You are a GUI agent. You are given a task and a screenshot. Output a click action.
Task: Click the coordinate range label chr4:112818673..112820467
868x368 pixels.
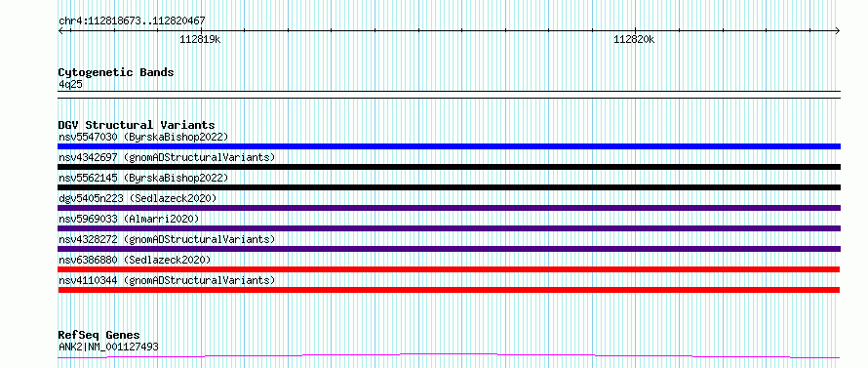pyautogui.click(x=132, y=21)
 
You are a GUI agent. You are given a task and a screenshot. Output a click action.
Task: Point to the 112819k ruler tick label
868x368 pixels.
pyautogui.click(x=200, y=39)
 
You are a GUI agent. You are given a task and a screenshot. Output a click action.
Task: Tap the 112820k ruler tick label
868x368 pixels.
pyautogui.click(x=634, y=39)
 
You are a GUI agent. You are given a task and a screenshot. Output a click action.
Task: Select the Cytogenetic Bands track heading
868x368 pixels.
pyautogui.click(x=116, y=72)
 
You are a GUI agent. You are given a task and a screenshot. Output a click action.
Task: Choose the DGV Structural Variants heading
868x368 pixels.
pyautogui.click(x=137, y=125)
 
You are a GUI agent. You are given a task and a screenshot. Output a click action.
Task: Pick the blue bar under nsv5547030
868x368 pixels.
pyautogui.click(x=449, y=146)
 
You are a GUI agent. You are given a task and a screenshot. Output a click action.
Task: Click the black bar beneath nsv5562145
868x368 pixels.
pyautogui.click(x=449, y=187)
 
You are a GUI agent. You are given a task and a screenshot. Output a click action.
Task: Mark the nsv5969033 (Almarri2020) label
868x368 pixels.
pyautogui.click(x=129, y=219)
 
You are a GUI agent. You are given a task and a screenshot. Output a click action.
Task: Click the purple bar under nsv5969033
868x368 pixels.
pyautogui.click(x=449, y=228)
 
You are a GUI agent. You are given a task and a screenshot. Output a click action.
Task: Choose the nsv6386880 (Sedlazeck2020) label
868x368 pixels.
pyautogui.click(x=135, y=260)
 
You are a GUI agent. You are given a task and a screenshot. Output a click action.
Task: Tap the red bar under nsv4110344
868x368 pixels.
pyautogui.click(x=449, y=290)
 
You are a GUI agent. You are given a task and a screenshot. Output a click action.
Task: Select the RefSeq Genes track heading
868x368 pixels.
pyautogui.click(x=99, y=336)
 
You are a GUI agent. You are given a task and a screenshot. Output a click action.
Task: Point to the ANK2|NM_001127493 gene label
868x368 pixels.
pyautogui.click(x=108, y=347)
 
